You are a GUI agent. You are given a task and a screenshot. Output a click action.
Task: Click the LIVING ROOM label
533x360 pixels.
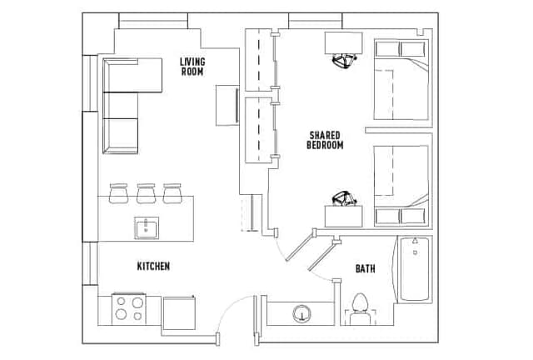[x=192, y=67]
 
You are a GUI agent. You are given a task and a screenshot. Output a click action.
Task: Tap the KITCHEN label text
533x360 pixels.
[x=153, y=266]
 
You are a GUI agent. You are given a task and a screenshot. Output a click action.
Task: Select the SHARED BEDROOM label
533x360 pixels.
[x=325, y=140]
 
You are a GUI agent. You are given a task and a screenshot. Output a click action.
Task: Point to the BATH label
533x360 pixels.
[x=366, y=269]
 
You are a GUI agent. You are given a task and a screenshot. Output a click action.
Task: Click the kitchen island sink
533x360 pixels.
[x=147, y=227]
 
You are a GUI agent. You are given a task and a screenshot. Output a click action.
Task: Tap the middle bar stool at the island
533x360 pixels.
[x=147, y=193]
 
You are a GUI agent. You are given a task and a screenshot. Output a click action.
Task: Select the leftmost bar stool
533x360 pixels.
[x=118, y=193]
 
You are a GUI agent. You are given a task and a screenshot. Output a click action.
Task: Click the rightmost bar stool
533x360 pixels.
[x=172, y=193]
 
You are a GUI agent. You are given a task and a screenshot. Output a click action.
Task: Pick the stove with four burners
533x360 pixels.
[x=129, y=309]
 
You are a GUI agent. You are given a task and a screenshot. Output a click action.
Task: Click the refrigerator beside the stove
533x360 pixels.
[x=179, y=312]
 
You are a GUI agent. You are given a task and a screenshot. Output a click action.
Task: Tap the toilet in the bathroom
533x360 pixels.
[x=361, y=309]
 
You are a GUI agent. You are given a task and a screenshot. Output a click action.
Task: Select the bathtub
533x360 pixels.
[x=414, y=269]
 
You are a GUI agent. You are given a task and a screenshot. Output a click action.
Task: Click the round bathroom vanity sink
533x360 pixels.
[x=301, y=313]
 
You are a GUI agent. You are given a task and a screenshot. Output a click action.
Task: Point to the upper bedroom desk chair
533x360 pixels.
[x=344, y=61]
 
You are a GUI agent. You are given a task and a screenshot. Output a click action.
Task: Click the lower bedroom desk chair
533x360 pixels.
[x=344, y=198]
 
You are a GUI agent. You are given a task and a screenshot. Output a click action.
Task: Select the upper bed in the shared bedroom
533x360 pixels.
[x=401, y=80]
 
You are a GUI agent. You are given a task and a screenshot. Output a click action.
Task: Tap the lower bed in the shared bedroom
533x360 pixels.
[x=401, y=186]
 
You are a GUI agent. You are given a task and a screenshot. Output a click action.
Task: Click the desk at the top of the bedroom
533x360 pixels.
[x=344, y=43]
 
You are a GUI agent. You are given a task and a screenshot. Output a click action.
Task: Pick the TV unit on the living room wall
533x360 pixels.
[x=227, y=106]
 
